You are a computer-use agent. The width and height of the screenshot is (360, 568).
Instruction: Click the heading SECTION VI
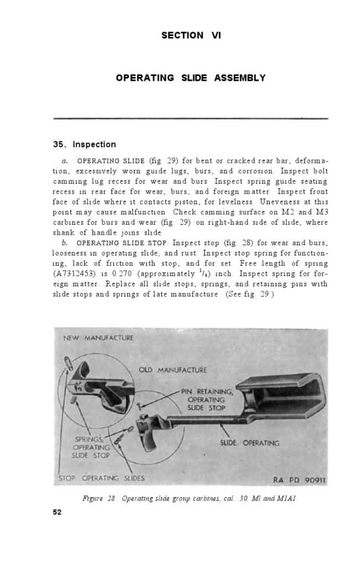(x=191, y=35)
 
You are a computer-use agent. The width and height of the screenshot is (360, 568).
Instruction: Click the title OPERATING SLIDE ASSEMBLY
(x=191, y=78)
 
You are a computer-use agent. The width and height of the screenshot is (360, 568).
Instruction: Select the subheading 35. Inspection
(x=84, y=144)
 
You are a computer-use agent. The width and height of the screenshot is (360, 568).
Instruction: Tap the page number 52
(x=57, y=512)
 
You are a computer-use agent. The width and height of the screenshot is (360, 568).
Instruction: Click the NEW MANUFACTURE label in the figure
(x=98, y=337)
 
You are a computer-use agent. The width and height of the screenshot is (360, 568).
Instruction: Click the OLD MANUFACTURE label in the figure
(x=172, y=370)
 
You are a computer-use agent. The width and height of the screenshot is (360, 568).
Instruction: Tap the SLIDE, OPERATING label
(x=250, y=443)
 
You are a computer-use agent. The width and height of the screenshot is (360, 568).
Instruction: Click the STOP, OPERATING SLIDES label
(x=102, y=478)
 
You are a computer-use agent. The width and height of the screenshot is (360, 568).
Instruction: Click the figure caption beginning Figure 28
(x=189, y=499)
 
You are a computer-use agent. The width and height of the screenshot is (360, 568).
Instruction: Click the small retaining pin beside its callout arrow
(x=140, y=406)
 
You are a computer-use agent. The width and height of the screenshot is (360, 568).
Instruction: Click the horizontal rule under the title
(x=191, y=118)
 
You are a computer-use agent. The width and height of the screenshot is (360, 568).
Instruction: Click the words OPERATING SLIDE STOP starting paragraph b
(x=122, y=243)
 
